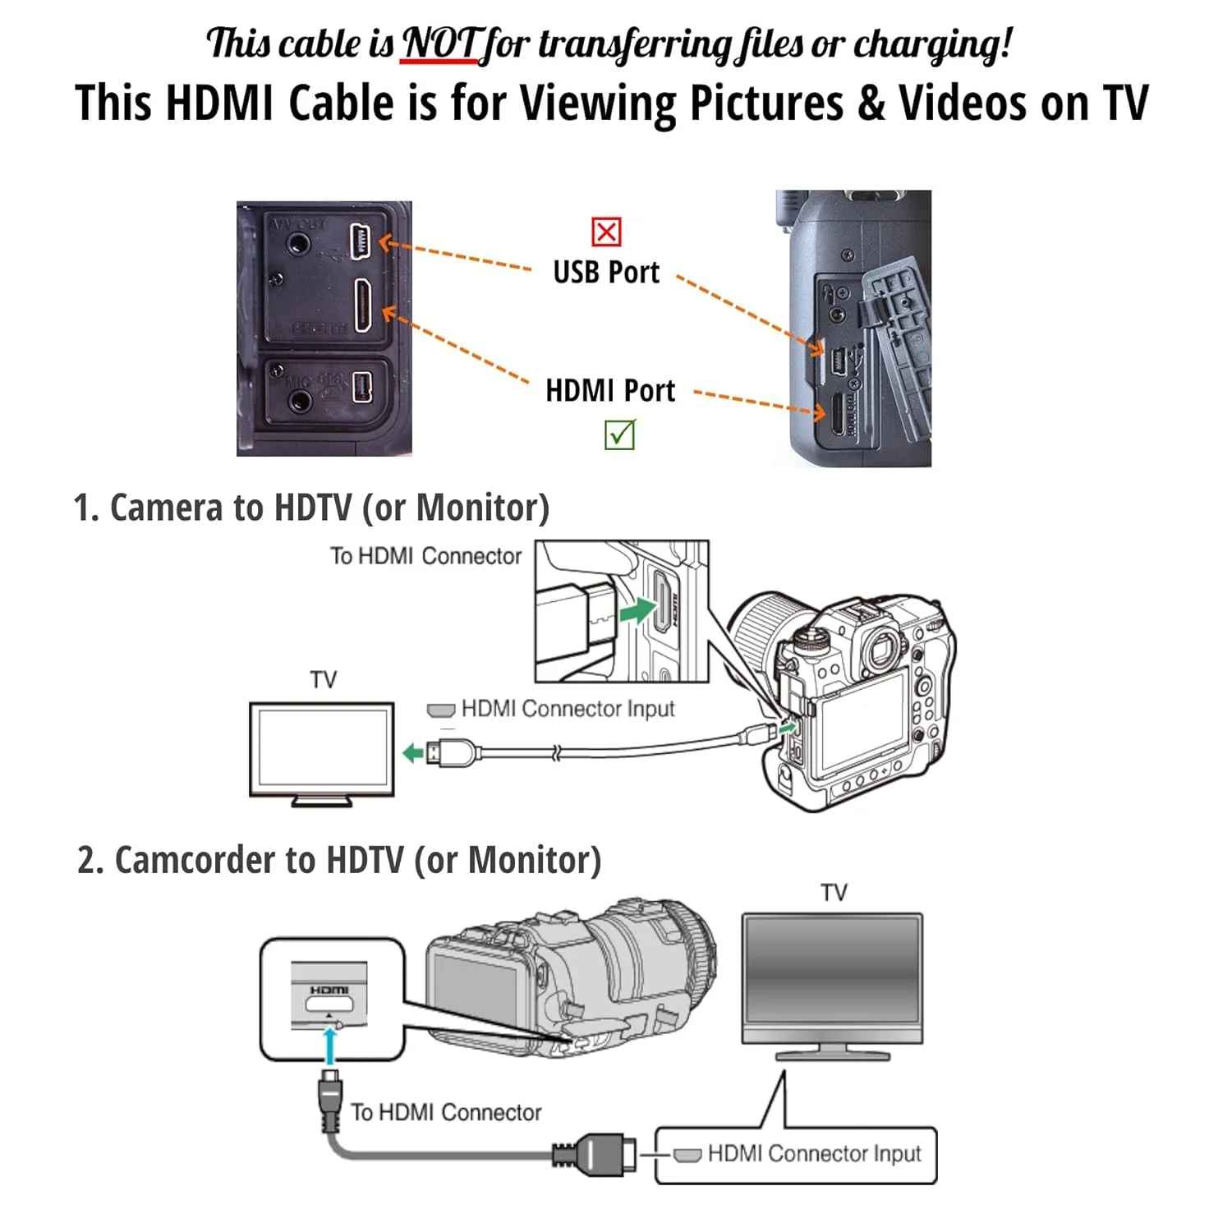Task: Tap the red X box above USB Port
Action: click(x=606, y=232)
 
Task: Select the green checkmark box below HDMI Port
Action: click(x=619, y=434)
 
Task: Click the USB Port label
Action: click(x=606, y=273)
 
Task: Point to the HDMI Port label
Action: click(x=610, y=391)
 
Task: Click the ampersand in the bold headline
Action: click(x=871, y=104)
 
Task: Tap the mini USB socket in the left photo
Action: click(x=361, y=241)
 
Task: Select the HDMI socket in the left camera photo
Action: click(x=362, y=306)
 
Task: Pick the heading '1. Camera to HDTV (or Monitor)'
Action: click(x=311, y=508)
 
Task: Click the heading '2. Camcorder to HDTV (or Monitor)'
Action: click(x=339, y=860)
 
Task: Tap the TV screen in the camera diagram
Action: click(x=322, y=747)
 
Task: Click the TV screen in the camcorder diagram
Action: click(x=832, y=977)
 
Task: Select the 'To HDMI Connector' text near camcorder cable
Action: click(x=446, y=1112)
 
